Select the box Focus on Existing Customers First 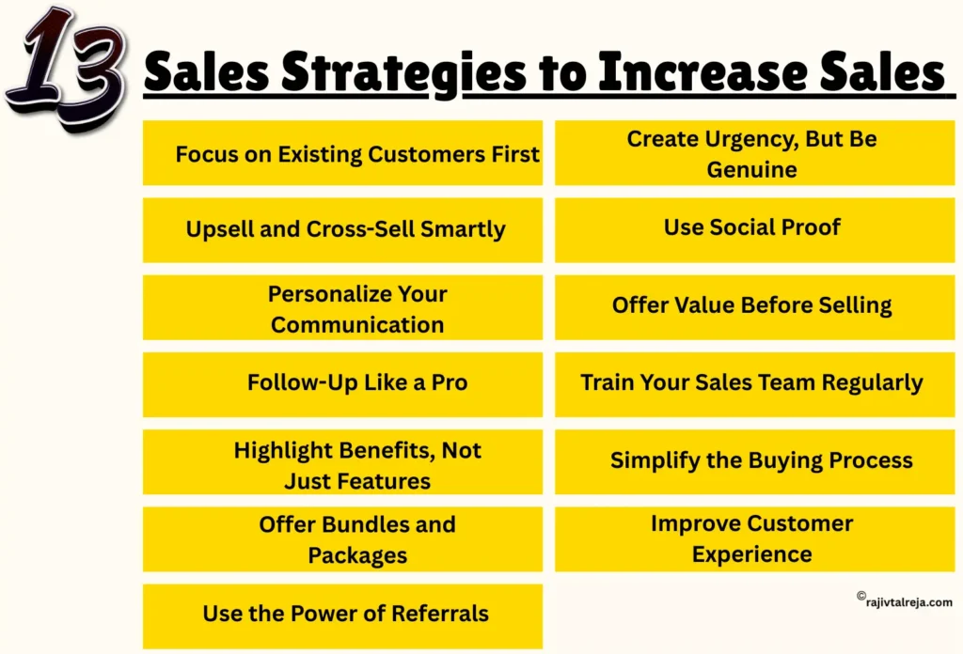[342, 153]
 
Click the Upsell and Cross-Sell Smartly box [342, 229]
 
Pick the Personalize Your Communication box [342, 307]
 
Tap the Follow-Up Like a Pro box [342, 383]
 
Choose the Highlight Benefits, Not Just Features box [342, 462]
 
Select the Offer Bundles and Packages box [342, 539]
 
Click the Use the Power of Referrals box [342, 615]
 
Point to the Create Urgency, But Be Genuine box [752, 153]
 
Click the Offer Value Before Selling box [752, 305]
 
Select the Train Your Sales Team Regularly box [752, 383]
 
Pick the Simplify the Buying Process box [752, 460]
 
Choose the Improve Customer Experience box [752, 538]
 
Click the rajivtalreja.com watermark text [909, 602]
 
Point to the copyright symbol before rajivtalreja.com [860, 596]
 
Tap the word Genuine [751, 170]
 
